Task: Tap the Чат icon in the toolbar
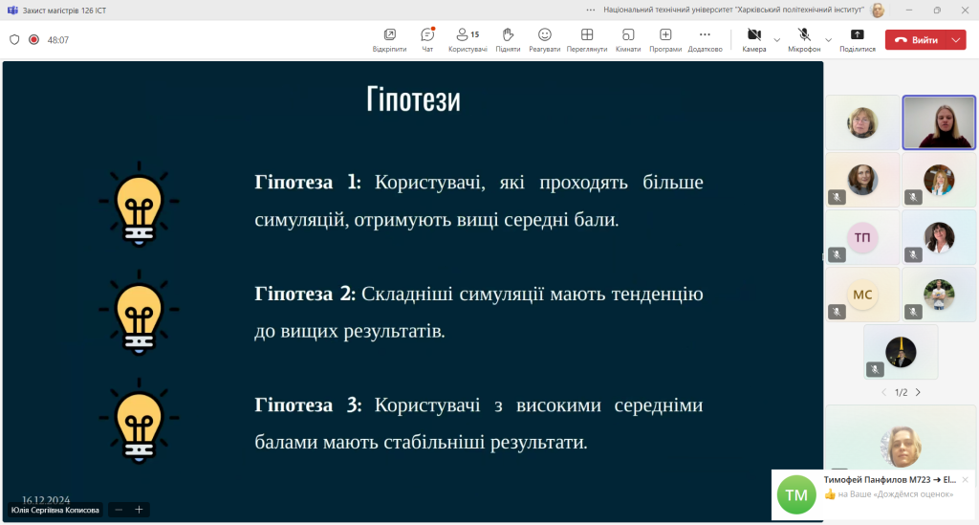(x=427, y=34)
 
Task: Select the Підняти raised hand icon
(x=508, y=34)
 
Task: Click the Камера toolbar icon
(x=754, y=34)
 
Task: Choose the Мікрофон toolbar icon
(x=804, y=34)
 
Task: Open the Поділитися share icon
(x=858, y=34)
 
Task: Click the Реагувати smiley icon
(x=544, y=34)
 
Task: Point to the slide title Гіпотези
(x=413, y=99)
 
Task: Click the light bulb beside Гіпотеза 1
(x=140, y=204)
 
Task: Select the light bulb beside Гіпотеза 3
(x=140, y=421)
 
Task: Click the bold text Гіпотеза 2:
(x=305, y=294)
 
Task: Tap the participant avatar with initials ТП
(x=862, y=237)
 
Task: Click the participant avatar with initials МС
(x=862, y=295)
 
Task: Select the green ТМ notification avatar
(x=796, y=494)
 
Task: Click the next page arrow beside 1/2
(x=918, y=393)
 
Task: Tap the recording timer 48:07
(x=58, y=40)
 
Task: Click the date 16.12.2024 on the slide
(x=46, y=500)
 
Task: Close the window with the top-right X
(x=965, y=10)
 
